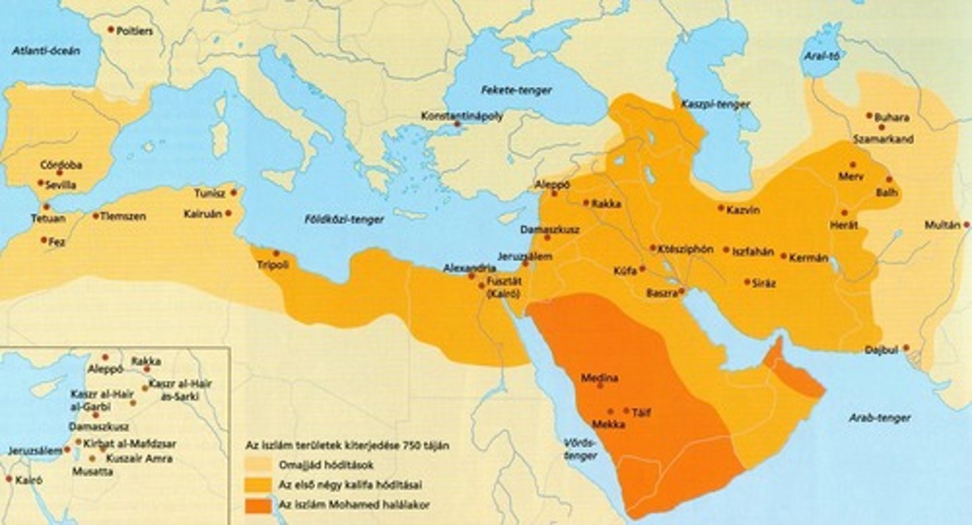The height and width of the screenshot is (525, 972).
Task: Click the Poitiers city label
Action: pyautogui.click(x=135, y=31)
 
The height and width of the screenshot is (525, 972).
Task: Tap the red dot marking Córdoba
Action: pyautogui.click(x=59, y=173)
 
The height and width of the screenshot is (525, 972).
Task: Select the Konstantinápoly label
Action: pyautogui.click(x=462, y=116)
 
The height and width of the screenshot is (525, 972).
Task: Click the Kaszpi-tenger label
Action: pyautogui.click(x=705, y=105)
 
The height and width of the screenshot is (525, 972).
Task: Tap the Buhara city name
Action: pyautogui.click(x=892, y=118)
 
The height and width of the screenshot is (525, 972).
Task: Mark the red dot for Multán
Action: pyautogui.click(x=966, y=224)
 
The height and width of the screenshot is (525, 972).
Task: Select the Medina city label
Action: pyautogui.click(x=599, y=378)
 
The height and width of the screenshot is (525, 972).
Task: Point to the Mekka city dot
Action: pyautogui.click(x=610, y=411)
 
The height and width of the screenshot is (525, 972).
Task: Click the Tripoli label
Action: pyautogui.click(x=273, y=265)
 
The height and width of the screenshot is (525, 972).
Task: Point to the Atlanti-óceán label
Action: pyautogui.click(x=46, y=51)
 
